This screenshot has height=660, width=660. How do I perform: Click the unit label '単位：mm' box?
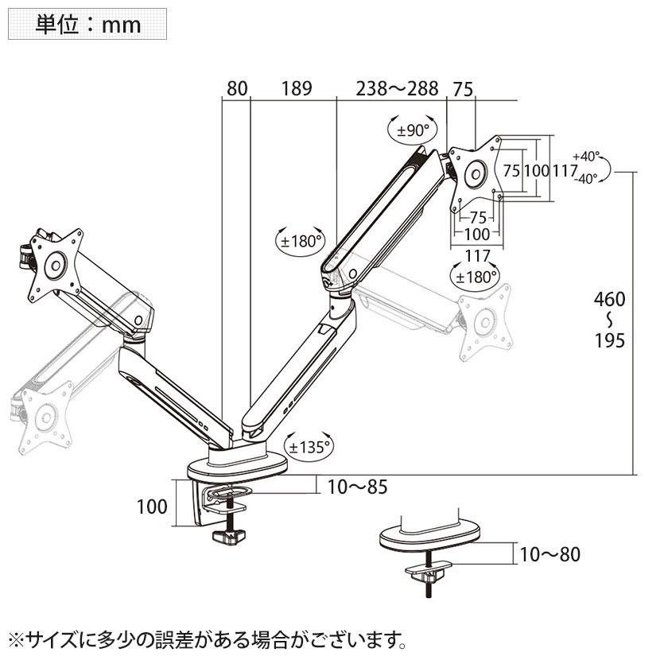(87, 25)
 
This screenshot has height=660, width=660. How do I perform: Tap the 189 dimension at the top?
(297, 88)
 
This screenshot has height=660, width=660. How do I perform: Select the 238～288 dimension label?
(398, 88)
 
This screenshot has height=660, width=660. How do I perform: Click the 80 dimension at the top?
(237, 88)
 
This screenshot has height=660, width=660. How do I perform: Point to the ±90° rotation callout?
(412, 130)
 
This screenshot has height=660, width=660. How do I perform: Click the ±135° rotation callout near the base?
(309, 447)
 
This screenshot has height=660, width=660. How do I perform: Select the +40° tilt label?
(585, 156)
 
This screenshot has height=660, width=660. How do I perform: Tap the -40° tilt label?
(585, 179)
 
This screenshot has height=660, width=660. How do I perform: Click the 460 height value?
(609, 299)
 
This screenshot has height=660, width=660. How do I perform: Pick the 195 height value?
(609, 340)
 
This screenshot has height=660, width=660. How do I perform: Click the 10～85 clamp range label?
(357, 487)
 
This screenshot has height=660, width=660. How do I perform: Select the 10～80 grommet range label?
(550, 554)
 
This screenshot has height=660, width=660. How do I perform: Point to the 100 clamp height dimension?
(152, 507)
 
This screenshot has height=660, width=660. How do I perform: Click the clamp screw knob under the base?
(229, 537)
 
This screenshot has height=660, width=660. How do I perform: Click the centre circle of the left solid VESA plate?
(55, 265)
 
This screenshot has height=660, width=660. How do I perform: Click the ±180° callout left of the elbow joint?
(301, 241)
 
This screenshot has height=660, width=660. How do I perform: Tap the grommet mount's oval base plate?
(429, 536)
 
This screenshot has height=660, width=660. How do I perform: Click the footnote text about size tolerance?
(208, 640)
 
